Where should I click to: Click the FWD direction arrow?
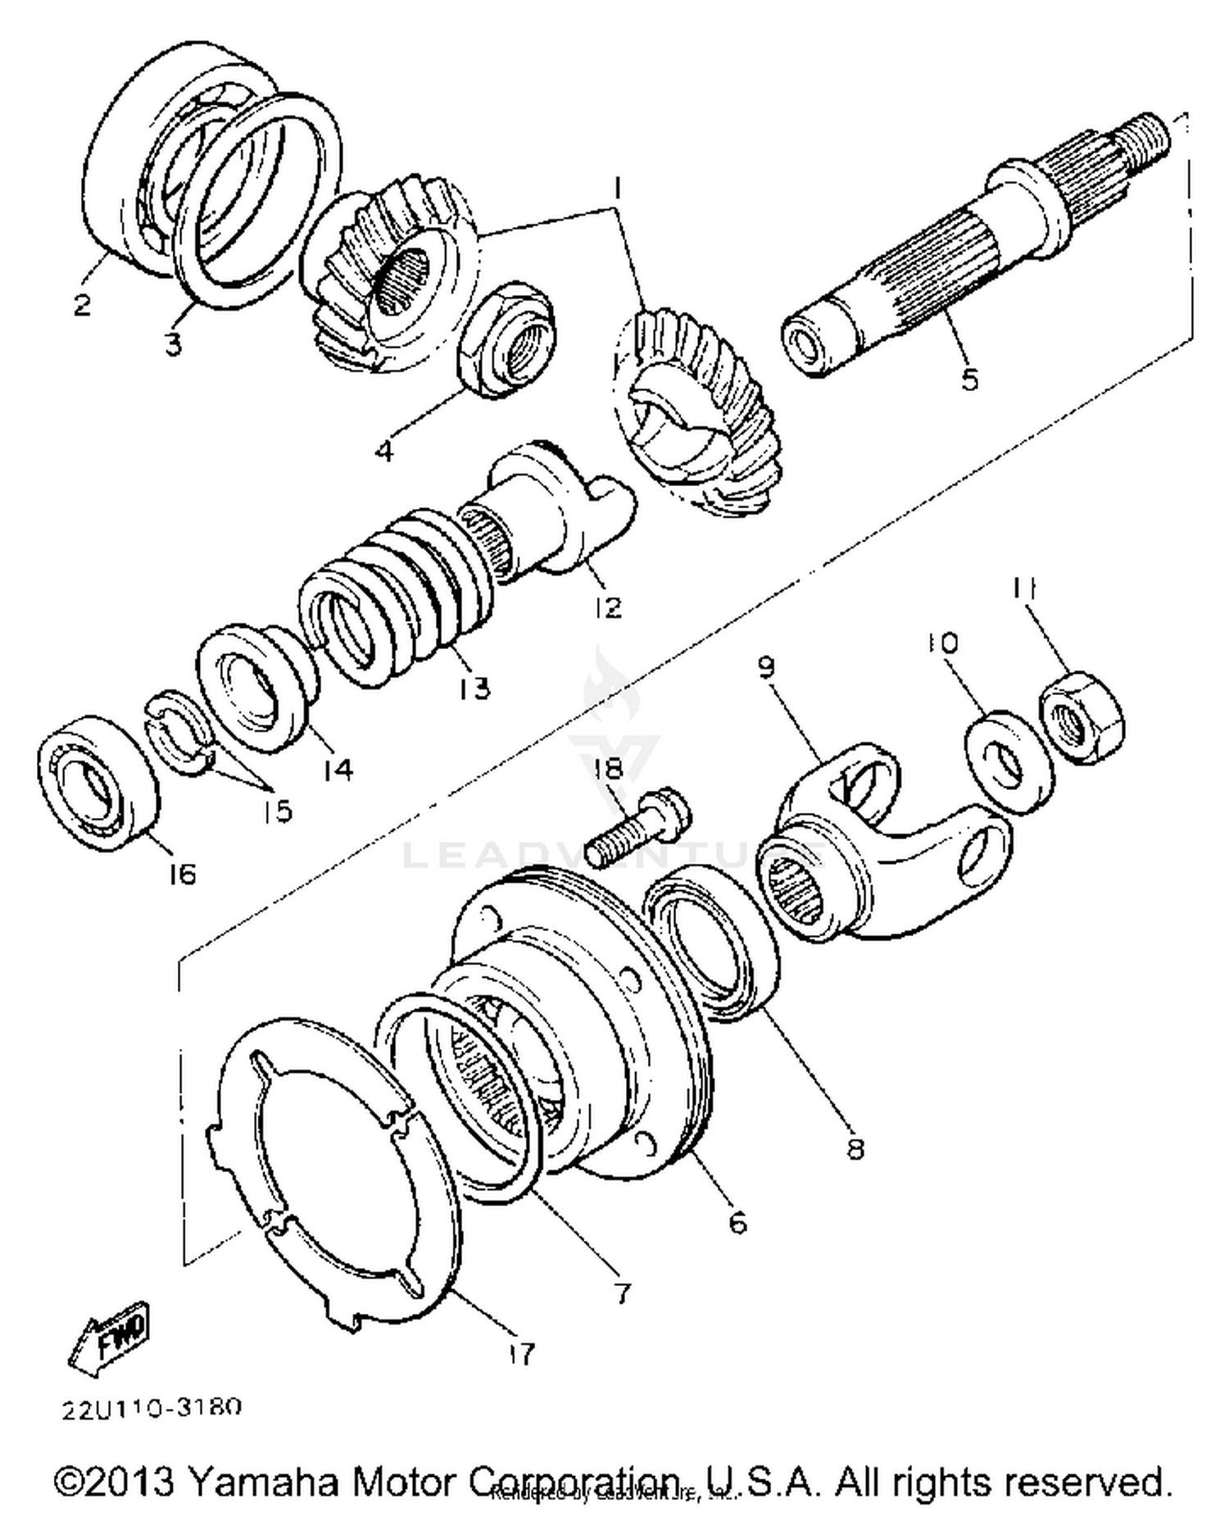coord(110,1338)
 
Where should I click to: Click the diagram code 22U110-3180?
coord(152,1408)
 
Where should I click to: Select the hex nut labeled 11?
coord(1082,725)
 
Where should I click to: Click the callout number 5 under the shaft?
coord(969,380)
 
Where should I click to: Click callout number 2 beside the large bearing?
coord(82,306)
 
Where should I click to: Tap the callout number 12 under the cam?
coord(609,607)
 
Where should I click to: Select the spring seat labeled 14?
coord(256,684)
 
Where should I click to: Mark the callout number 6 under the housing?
coord(737,1223)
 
